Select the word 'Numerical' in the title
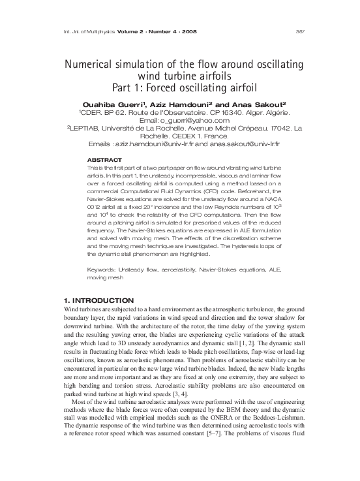87,66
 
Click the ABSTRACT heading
105,159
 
